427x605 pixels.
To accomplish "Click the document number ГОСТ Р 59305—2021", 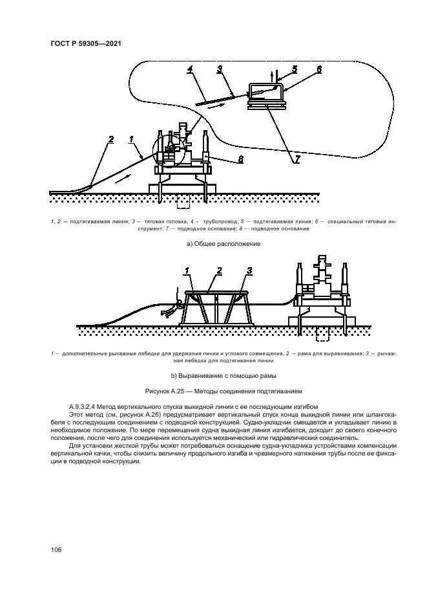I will click(x=86, y=43).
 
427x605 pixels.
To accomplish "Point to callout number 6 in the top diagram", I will click(x=318, y=68).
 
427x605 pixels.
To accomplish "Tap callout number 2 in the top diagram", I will click(x=111, y=138).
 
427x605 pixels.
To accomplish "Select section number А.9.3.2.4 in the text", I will click(x=89, y=405).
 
